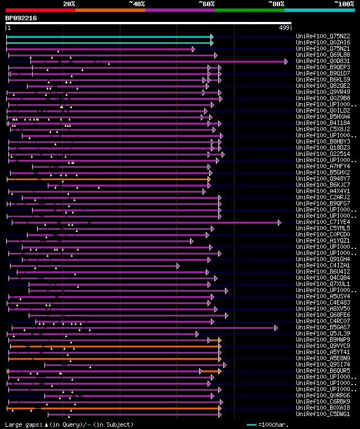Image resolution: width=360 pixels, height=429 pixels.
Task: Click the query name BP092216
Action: (21, 18)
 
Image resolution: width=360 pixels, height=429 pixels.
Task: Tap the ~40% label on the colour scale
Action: (137, 4)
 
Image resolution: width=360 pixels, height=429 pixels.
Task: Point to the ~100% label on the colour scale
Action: (344, 4)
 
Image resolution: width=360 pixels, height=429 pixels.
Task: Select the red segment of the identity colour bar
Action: (40, 10)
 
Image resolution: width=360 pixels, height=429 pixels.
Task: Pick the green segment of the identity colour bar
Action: (249, 10)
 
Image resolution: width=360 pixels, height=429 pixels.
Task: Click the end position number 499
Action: (284, 28)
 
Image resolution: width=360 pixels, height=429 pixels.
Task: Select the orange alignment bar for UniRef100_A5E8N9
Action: (112, 359)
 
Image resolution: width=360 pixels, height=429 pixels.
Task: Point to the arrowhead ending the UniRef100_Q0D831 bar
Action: (286, 61)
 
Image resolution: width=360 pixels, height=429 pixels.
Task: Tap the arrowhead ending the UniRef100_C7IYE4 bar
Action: (280, 222)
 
